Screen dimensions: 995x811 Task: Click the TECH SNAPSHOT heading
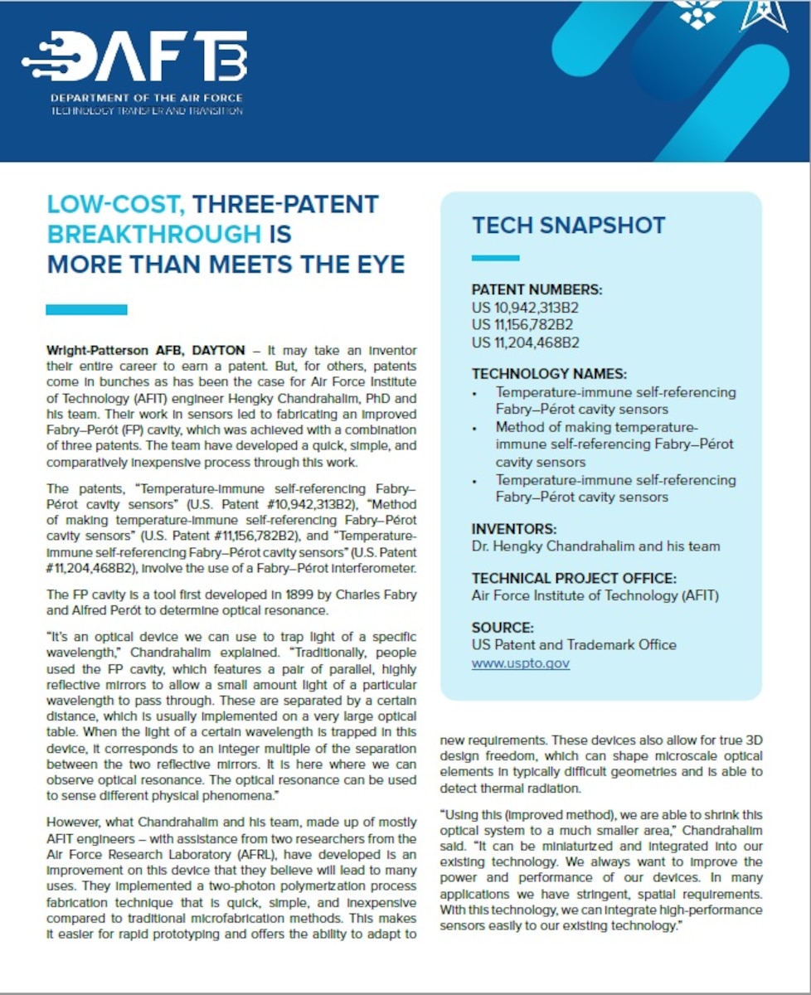(x=568, y=225)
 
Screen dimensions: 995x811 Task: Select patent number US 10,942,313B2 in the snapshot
(x=525, y=308)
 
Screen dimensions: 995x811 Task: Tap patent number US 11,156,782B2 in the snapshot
(x=522, y=325)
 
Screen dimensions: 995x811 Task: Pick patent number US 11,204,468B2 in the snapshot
(x=525, y=342)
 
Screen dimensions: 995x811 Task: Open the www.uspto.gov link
(x=521, y=663)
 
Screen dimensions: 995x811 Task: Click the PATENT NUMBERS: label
(x=537, y=290)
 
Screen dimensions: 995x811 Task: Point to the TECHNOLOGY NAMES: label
(x=549, y=374)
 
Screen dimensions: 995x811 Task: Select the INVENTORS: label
(x=514, y=528)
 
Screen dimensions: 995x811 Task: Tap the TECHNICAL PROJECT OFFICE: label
(x=574, y=578)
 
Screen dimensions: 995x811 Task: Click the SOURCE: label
(x=503, y=628)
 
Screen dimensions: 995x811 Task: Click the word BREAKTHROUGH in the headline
(x=154, y=234)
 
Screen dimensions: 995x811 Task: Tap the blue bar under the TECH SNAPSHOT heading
(x=495, y=257)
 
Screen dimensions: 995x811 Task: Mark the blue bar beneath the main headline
(x=86, y=309)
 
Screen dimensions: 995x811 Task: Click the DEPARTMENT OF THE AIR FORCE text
(x=146, y=98)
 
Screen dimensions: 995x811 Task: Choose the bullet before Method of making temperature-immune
(x=475, y=429)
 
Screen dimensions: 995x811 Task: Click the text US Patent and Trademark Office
(x=574, y=645)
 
